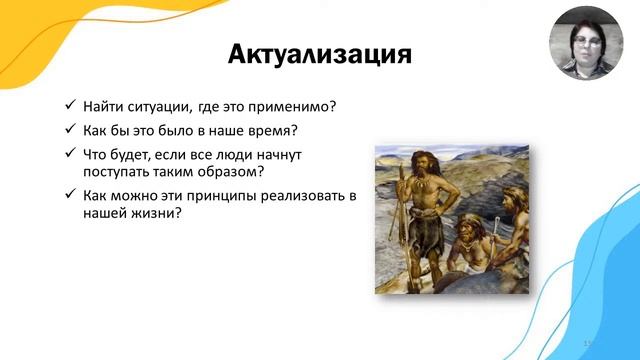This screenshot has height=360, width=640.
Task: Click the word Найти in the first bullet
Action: coord(107,106)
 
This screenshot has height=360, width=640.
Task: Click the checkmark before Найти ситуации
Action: coord(69,106)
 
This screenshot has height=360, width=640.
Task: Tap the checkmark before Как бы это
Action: coord(69,130)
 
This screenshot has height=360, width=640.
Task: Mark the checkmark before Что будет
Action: coord(69,154)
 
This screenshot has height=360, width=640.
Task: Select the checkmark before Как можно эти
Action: coord(69,196)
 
